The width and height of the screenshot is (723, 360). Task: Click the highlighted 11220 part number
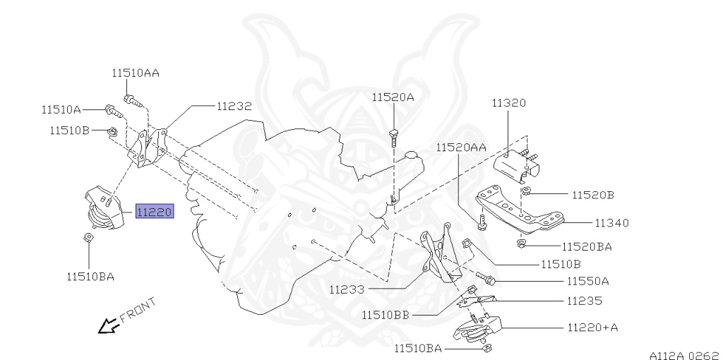click(x=154, y=211)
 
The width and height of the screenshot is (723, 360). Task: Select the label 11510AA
click(x=135, y=73)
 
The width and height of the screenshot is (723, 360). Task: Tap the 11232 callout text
click(x=234, y=106)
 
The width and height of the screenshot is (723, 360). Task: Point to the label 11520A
click(x=393, y=97)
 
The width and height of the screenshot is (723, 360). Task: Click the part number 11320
click(x=509, y=103)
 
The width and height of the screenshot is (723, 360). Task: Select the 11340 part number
click(x=611, y=223)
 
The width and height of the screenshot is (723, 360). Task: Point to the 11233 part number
click(x=347, y=289)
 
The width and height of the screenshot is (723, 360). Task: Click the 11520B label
click(x=592, y=193)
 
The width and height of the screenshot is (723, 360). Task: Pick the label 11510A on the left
click(x=61, y=109)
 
